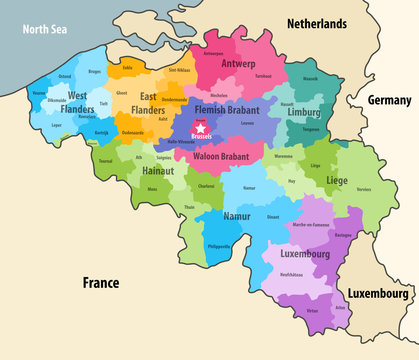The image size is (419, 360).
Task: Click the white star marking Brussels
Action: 201,128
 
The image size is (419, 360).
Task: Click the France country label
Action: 101,282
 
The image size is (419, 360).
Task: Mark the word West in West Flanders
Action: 77,94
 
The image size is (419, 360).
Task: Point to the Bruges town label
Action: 94,72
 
